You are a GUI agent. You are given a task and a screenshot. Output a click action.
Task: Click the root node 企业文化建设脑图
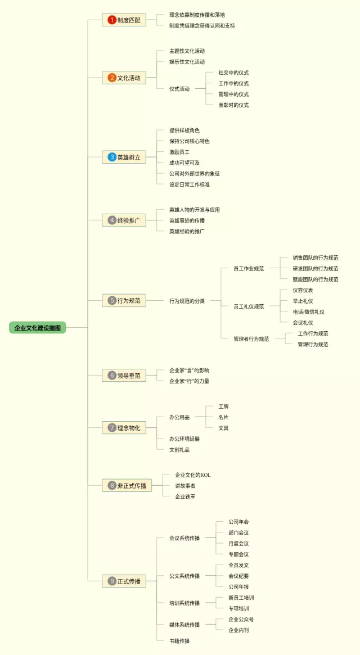[x=37, y=327]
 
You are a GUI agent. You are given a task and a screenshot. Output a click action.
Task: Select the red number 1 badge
[x=112, y=20]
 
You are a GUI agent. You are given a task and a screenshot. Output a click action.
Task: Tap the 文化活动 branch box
[x=124, y=78]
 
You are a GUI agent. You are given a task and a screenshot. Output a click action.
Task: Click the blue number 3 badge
[x=112, y=157]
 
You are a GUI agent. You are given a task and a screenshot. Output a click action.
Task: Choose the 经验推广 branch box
[x=124, y=220]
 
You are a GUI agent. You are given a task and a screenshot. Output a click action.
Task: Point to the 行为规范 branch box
[x=124, y=301]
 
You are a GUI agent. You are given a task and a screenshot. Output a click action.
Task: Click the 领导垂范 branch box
[x=124, y=375]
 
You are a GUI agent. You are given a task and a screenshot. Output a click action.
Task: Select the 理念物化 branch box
[x=124, y=428]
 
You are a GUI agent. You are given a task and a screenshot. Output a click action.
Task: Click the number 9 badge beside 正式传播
[x=112, y=581]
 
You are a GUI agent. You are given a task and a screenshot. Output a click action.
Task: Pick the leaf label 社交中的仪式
[x=233, y=73]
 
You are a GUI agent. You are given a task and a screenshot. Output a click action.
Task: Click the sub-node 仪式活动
[x=179, y=89]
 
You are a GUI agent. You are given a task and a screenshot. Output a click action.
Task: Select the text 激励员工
[x=179, y=152]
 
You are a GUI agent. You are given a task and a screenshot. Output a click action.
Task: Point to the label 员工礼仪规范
[x=249, y=306]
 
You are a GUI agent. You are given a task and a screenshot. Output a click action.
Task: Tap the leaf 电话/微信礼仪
[x=308, y=312]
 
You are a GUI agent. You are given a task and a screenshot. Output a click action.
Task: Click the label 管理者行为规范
[x=251, y=339]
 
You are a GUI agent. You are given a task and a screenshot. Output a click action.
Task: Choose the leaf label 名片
[x=223, y=417]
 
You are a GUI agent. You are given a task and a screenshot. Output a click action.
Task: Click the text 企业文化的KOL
[x=192, y=475]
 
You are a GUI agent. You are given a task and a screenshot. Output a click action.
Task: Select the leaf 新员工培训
[x=241, y=598]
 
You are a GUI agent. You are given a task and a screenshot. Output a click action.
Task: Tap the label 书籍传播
[x=179, y=641]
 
